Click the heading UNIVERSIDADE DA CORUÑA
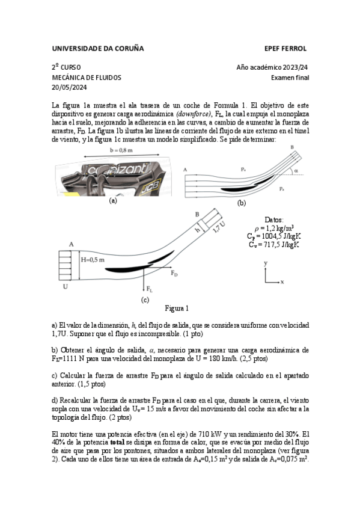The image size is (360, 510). tap(98, 49)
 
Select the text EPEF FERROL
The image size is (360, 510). tap(285, 49)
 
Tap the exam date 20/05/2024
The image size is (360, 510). tap(69, 87)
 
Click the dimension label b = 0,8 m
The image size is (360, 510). tap(121, 150)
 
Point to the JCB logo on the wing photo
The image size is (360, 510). tap(151, 186)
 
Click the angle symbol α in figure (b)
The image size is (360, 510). tap(296, 170)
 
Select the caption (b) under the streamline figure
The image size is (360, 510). tap(242, 203)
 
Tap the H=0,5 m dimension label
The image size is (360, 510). tap(93, 260)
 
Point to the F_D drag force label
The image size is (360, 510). tap(174, 273)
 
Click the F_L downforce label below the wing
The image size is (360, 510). tap(150, 289)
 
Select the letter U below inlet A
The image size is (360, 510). tap(66, 286)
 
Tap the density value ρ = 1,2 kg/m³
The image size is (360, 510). tap(274, 228)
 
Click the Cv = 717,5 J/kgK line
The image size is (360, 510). tap(274, 245)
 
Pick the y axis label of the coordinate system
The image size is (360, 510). tap(266, 263)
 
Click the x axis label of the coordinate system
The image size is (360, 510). tap(282, 281)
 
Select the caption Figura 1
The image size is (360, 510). tap(177, 309)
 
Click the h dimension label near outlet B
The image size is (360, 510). tap(197, 230)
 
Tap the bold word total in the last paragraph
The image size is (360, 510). tap(117, 443)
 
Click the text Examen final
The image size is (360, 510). tap(290, 78)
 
